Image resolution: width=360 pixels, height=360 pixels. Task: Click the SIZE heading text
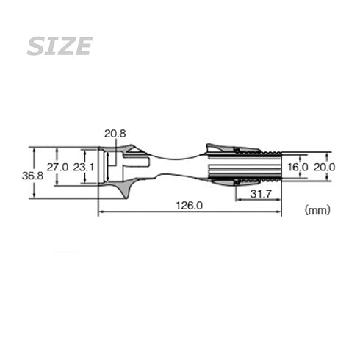click(60, 46)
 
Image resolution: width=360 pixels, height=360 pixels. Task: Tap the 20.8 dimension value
click(115, 134)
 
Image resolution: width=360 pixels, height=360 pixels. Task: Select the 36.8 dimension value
click(32, 176)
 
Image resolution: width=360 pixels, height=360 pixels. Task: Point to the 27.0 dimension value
click(57, 168)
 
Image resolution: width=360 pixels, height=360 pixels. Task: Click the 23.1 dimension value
click(84, 168)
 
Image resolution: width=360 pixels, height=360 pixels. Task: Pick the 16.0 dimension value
click(298, 168)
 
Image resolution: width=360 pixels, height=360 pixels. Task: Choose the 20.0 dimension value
click(324, 168)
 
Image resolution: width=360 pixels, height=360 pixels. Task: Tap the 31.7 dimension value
click(261, 194)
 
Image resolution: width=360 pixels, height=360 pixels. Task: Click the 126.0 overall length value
click(190, 206)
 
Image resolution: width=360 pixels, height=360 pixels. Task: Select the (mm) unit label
click(317, 210)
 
